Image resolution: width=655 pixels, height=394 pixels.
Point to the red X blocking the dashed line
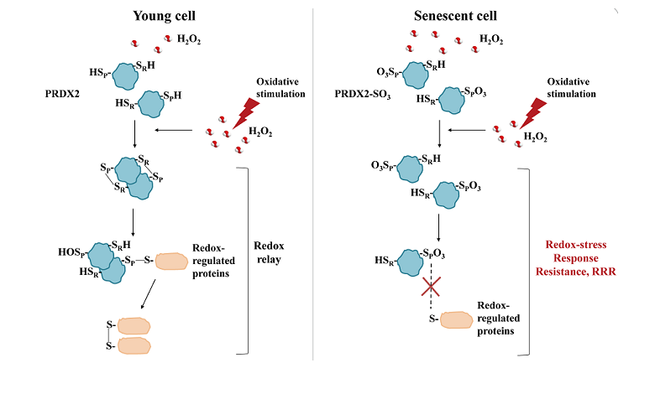point(431,288)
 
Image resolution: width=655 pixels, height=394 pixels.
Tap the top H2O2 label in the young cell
point(188,39)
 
